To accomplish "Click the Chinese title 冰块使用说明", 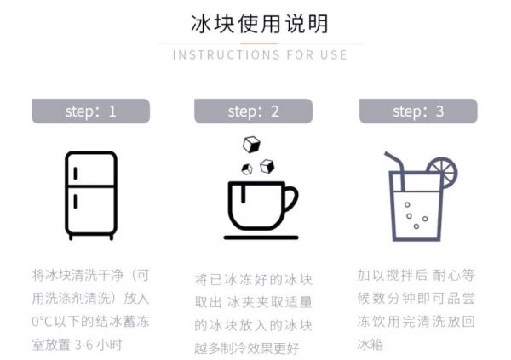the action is click(259, 24).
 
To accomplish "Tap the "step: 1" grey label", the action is click(90, 111).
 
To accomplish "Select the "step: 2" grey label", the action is click(253, 111).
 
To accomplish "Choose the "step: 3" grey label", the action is click(418, 111).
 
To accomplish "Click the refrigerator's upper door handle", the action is click(75, 174).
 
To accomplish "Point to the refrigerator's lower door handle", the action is click(75, 202).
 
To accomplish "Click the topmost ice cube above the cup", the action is click(251, 145).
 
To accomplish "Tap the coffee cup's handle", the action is click(290, 199).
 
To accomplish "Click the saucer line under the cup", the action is click(261, 237).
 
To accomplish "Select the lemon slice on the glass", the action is click(443, 172).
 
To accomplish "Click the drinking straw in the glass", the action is click(396, 171).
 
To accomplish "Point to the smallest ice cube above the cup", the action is click(247, 169).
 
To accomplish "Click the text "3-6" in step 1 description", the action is click(85, 345).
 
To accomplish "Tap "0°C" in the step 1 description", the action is click(43, 322).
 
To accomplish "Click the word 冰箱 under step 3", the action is click(370, 345).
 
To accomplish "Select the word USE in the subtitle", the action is click(334, 54).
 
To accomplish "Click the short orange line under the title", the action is click(260, 43).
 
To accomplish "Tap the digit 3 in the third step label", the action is click(439, 111).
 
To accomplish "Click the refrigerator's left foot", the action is click(71, 237).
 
